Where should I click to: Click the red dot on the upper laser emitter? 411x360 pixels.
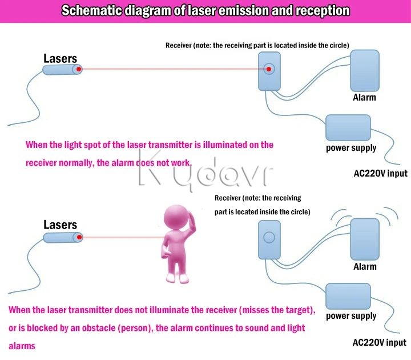[x=79, y=69]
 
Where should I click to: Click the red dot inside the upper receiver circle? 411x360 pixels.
[x=269, y=69]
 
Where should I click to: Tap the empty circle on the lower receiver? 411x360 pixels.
[x=269, y=238]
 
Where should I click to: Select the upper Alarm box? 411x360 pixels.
[x=365, y=71]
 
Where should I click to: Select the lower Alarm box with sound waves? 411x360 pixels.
[x=365, y=239]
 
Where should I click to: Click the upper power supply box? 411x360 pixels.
[x=348, y=127]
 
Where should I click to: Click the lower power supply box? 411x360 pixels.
[x=348, y=296]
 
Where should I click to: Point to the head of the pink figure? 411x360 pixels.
[x=177, y=218]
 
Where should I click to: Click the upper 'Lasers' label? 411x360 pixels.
[x=61, y=58]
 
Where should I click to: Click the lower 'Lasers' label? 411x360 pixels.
[x=61, y=225]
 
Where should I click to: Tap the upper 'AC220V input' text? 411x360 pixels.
[x=380, y=174]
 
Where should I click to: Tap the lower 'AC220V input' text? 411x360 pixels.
[x=379, y=342]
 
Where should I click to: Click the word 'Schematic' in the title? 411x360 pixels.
[x=92, y=11]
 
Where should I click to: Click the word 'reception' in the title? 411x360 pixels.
[x=323, y=11]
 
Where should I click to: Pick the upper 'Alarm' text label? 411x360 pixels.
[x=364, y=97]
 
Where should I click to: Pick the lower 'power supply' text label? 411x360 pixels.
[x=351, y=316]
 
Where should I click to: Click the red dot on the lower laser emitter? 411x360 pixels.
[x=79, y=238]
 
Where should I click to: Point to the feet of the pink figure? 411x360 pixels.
[x=178, y=278]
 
